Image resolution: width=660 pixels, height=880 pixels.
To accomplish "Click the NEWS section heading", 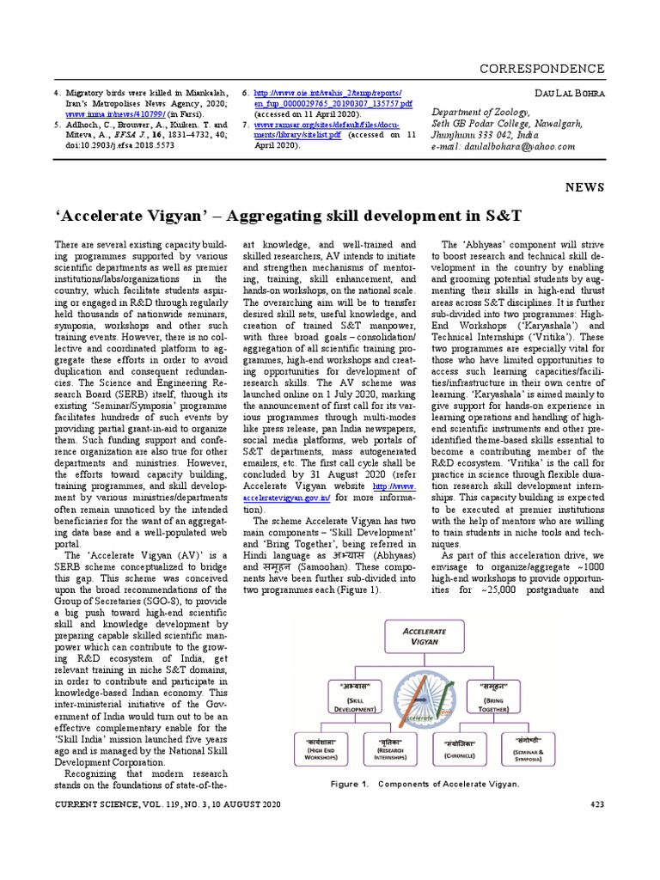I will pos(584,186).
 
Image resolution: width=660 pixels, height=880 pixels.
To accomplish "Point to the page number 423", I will pos(596,804).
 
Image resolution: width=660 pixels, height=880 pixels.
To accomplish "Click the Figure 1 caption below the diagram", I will pos(425,784).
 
